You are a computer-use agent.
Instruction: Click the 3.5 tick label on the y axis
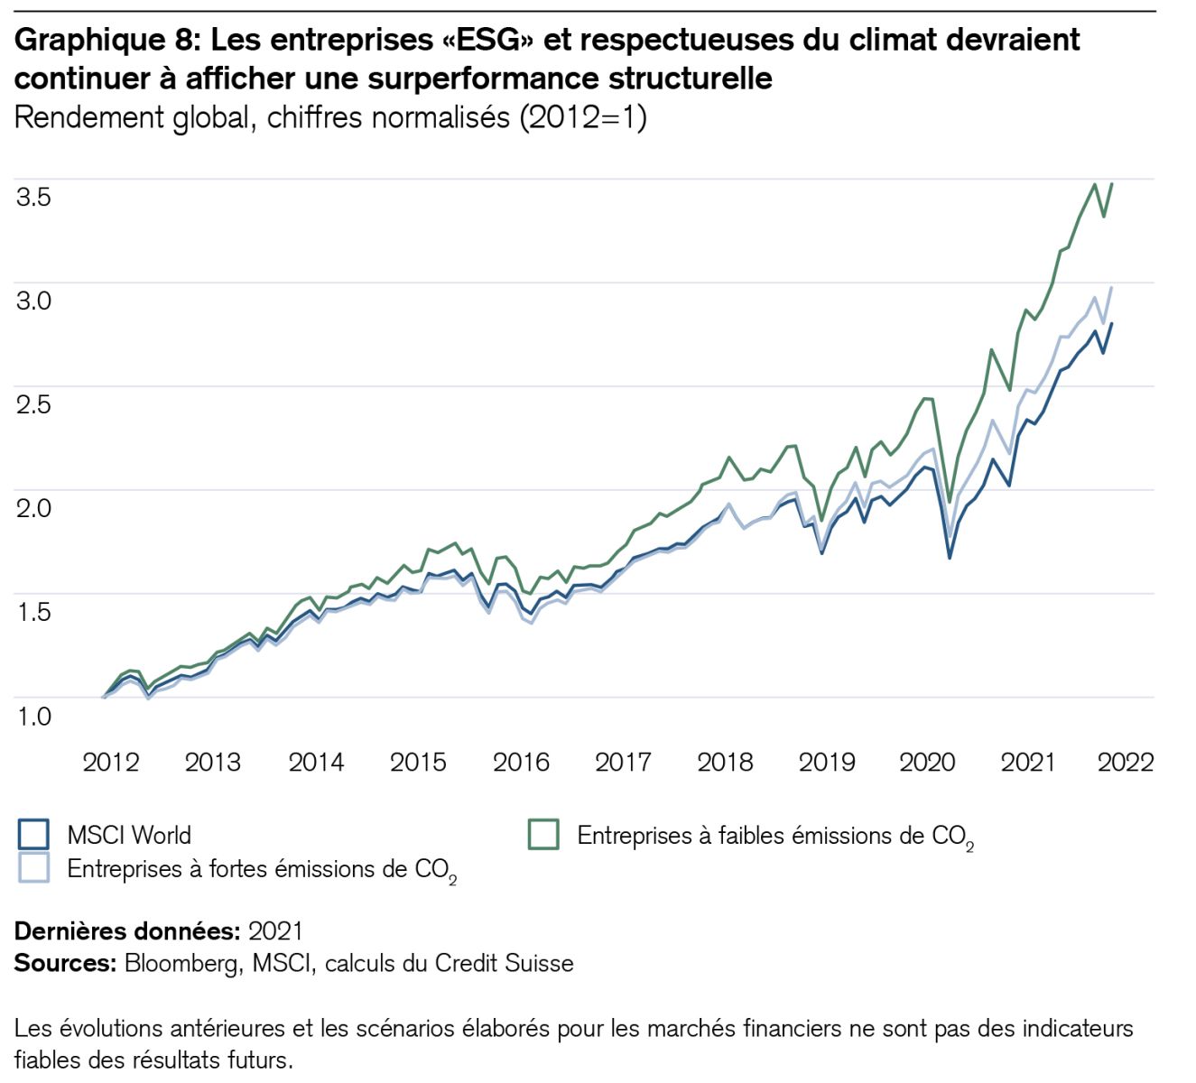pos(33,197)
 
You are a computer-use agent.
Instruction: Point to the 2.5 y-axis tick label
pos(33,404)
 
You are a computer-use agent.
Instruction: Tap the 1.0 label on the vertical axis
pos(33,717)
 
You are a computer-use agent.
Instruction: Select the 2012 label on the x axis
pos(111,763)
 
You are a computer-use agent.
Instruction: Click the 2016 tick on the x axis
pos(521,763)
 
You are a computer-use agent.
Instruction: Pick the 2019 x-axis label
pos(827,763)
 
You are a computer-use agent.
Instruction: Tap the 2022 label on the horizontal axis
pos(1126,763)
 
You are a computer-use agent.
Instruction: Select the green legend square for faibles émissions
pos(543,835)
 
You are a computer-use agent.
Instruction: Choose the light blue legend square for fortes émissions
pos(33,867)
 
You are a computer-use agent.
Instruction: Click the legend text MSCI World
pos(129,835)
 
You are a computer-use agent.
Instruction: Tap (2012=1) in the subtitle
pos(583,118)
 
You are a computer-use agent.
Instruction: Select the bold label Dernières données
pos(126,930)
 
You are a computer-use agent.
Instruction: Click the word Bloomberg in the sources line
pos(182,964)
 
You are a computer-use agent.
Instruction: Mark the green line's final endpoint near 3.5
pos(1111,184)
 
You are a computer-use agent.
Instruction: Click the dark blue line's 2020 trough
pos(950,558)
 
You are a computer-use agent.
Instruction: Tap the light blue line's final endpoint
pos(1111,288)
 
